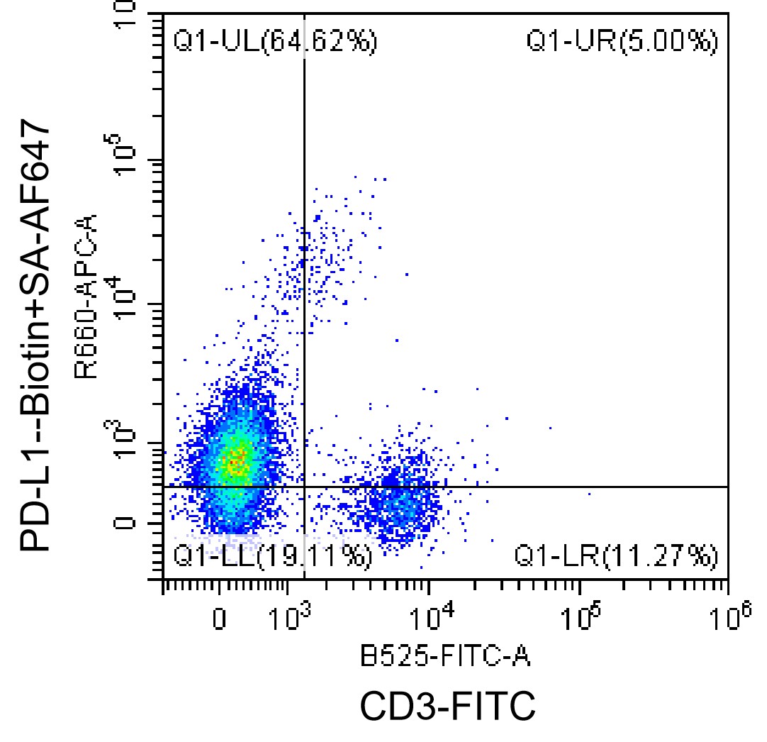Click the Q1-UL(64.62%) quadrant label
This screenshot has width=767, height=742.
click(x=275, y=40)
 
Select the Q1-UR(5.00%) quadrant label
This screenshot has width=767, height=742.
click(x=622, y=40)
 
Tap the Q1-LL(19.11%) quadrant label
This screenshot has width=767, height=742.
click(x=272, y=556)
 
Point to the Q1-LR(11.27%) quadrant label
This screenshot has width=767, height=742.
click(x=616, y=556)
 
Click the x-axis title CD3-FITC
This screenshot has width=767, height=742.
click(x=447, y=706)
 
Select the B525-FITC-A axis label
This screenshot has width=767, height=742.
click(x=445, y=656)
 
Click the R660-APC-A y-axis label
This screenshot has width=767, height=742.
click(x=86, y=297)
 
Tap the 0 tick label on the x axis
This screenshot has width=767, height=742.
click(x=219, y=619)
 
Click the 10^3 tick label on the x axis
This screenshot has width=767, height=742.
click(x=290, y=616)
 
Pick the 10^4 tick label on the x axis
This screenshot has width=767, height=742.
click(x=432, y=616)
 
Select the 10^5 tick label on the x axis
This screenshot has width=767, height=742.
click(x=581, y=616)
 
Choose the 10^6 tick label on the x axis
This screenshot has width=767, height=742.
click(x=731, y=616)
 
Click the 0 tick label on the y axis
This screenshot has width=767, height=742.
click(x=124, y=524)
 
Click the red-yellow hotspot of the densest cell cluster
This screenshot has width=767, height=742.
click(x=237, y=461)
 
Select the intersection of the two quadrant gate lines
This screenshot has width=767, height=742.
click(x=304, y=487)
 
